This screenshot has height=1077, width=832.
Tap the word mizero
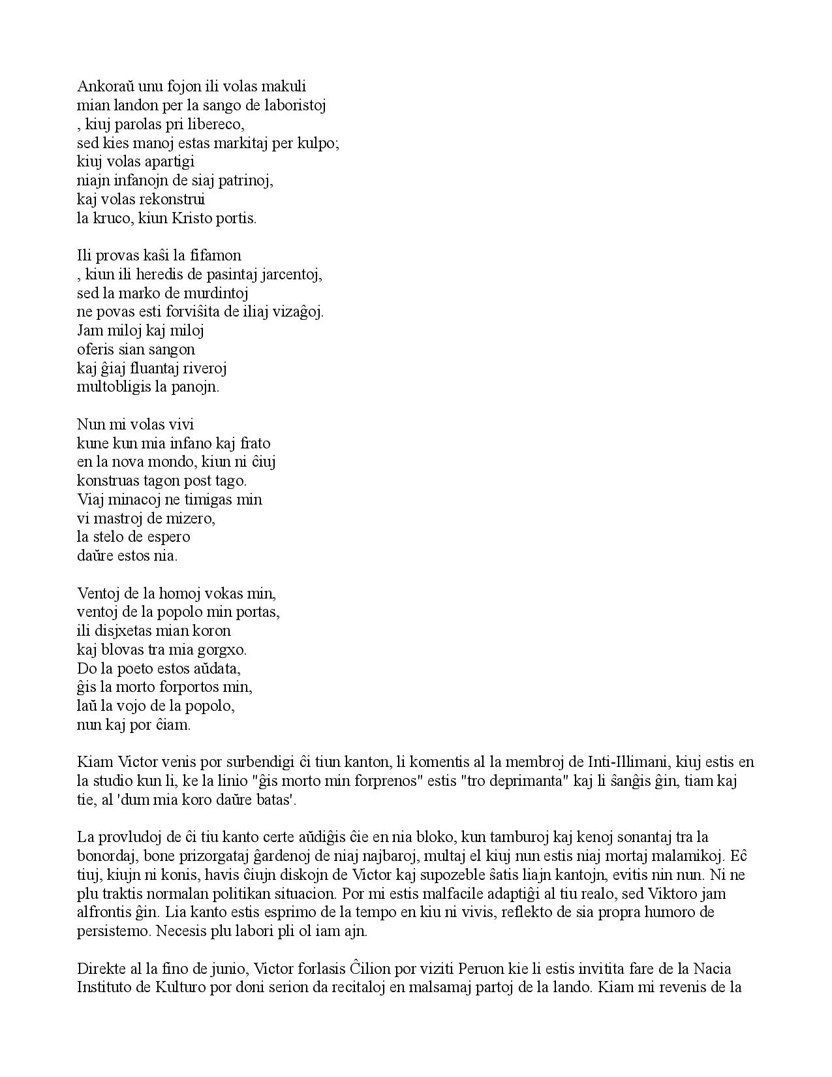[x=193, y=519]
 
